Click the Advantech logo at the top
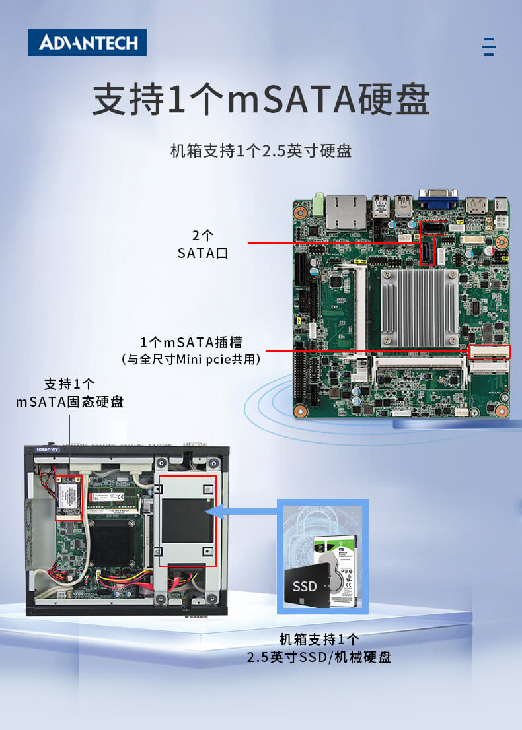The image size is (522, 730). [87, 43]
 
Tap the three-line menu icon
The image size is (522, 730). [489, 47]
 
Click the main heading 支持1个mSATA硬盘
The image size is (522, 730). [261, 100]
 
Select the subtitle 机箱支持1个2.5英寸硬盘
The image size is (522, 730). [261, 150]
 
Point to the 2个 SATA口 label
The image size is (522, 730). [203, 244]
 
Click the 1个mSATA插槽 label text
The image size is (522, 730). [191, 342]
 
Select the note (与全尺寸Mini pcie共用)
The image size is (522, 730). [191, 360]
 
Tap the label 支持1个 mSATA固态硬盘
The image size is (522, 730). [69, 393]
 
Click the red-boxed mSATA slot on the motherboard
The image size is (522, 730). [490, 352]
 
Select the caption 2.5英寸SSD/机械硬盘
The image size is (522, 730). [319, 657]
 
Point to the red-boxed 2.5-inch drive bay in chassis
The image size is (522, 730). [188, 521]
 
